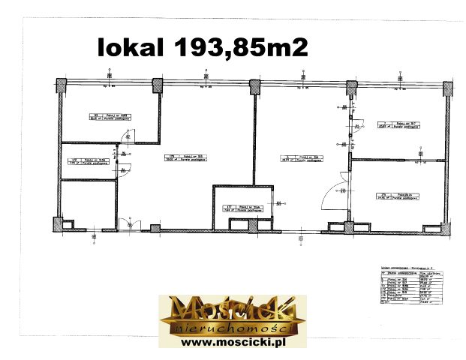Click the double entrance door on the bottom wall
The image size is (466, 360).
pos(128,223)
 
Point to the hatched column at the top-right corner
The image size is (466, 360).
pos(448,89)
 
